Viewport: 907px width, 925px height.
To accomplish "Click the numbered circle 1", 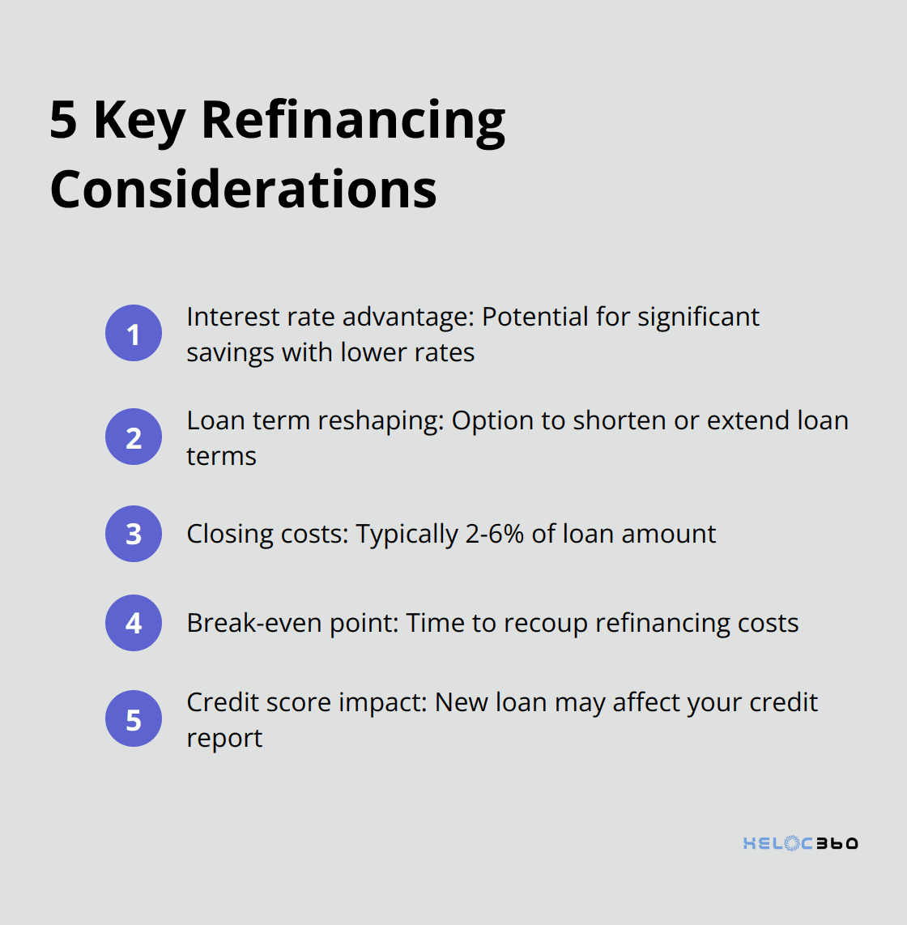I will (134, 333).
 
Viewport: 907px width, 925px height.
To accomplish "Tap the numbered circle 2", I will (134, 437).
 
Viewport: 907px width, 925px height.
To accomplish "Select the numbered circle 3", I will (134, 534).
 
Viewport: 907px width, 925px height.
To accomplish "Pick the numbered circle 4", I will (134, 623).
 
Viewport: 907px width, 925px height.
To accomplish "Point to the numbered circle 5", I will (134, 718).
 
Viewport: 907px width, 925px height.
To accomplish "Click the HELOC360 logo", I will (800, 843).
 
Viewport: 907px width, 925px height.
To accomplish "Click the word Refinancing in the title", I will (353, 121).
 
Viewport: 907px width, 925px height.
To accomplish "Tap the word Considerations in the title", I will (243, 190).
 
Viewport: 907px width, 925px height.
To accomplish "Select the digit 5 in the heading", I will (63, 120).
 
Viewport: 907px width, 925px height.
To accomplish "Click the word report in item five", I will (224, 738).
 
